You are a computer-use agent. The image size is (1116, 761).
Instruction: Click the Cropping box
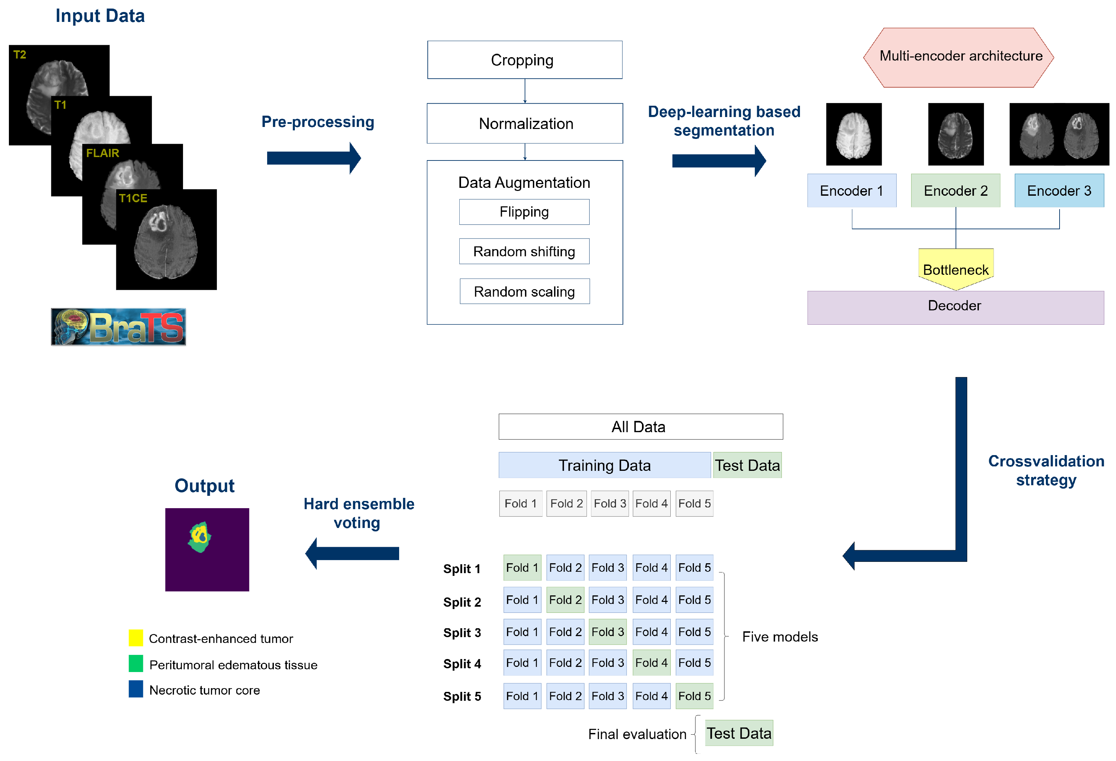tap(524, 60)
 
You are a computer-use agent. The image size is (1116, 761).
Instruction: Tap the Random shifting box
tap(524, 251)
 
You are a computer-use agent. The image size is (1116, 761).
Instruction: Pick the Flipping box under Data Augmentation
tap(524, 212)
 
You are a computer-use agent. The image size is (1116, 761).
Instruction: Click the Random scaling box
tap(524, 291)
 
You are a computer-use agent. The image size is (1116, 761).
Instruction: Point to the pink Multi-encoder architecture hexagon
tap(958, 57)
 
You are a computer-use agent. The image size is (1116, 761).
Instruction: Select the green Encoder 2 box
tap(955, 191)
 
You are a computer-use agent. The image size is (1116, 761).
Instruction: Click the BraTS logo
tap(118, 327)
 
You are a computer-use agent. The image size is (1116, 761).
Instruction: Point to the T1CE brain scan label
tap(133, 198)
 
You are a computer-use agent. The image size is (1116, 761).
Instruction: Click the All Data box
tap(640, 427)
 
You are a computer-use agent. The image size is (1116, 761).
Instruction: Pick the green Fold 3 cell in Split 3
tap(607, 632)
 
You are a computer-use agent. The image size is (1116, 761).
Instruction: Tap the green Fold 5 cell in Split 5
tap(694, 696)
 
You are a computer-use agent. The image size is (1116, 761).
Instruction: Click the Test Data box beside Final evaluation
tap(738, 733)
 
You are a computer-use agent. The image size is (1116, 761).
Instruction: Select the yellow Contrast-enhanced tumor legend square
tap(136, 638)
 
